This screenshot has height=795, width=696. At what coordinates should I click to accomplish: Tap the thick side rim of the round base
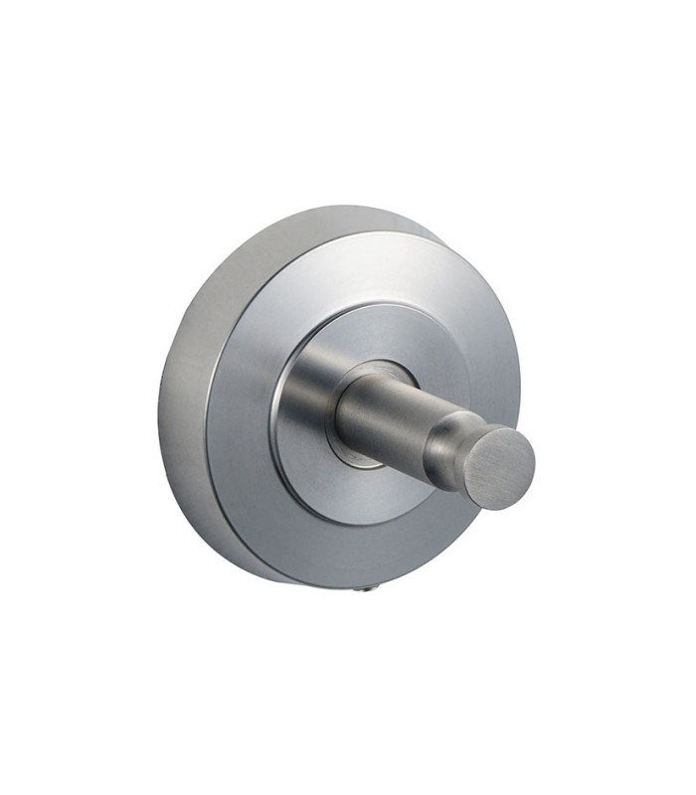tap(184, 397)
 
